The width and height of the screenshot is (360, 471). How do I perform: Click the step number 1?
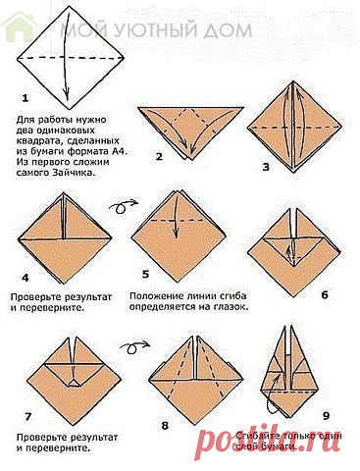[x=26, y=99]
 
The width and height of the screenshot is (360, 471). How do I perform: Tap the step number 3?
[x=265, y=168]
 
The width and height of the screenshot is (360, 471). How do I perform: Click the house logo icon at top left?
[x=17, y=28]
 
